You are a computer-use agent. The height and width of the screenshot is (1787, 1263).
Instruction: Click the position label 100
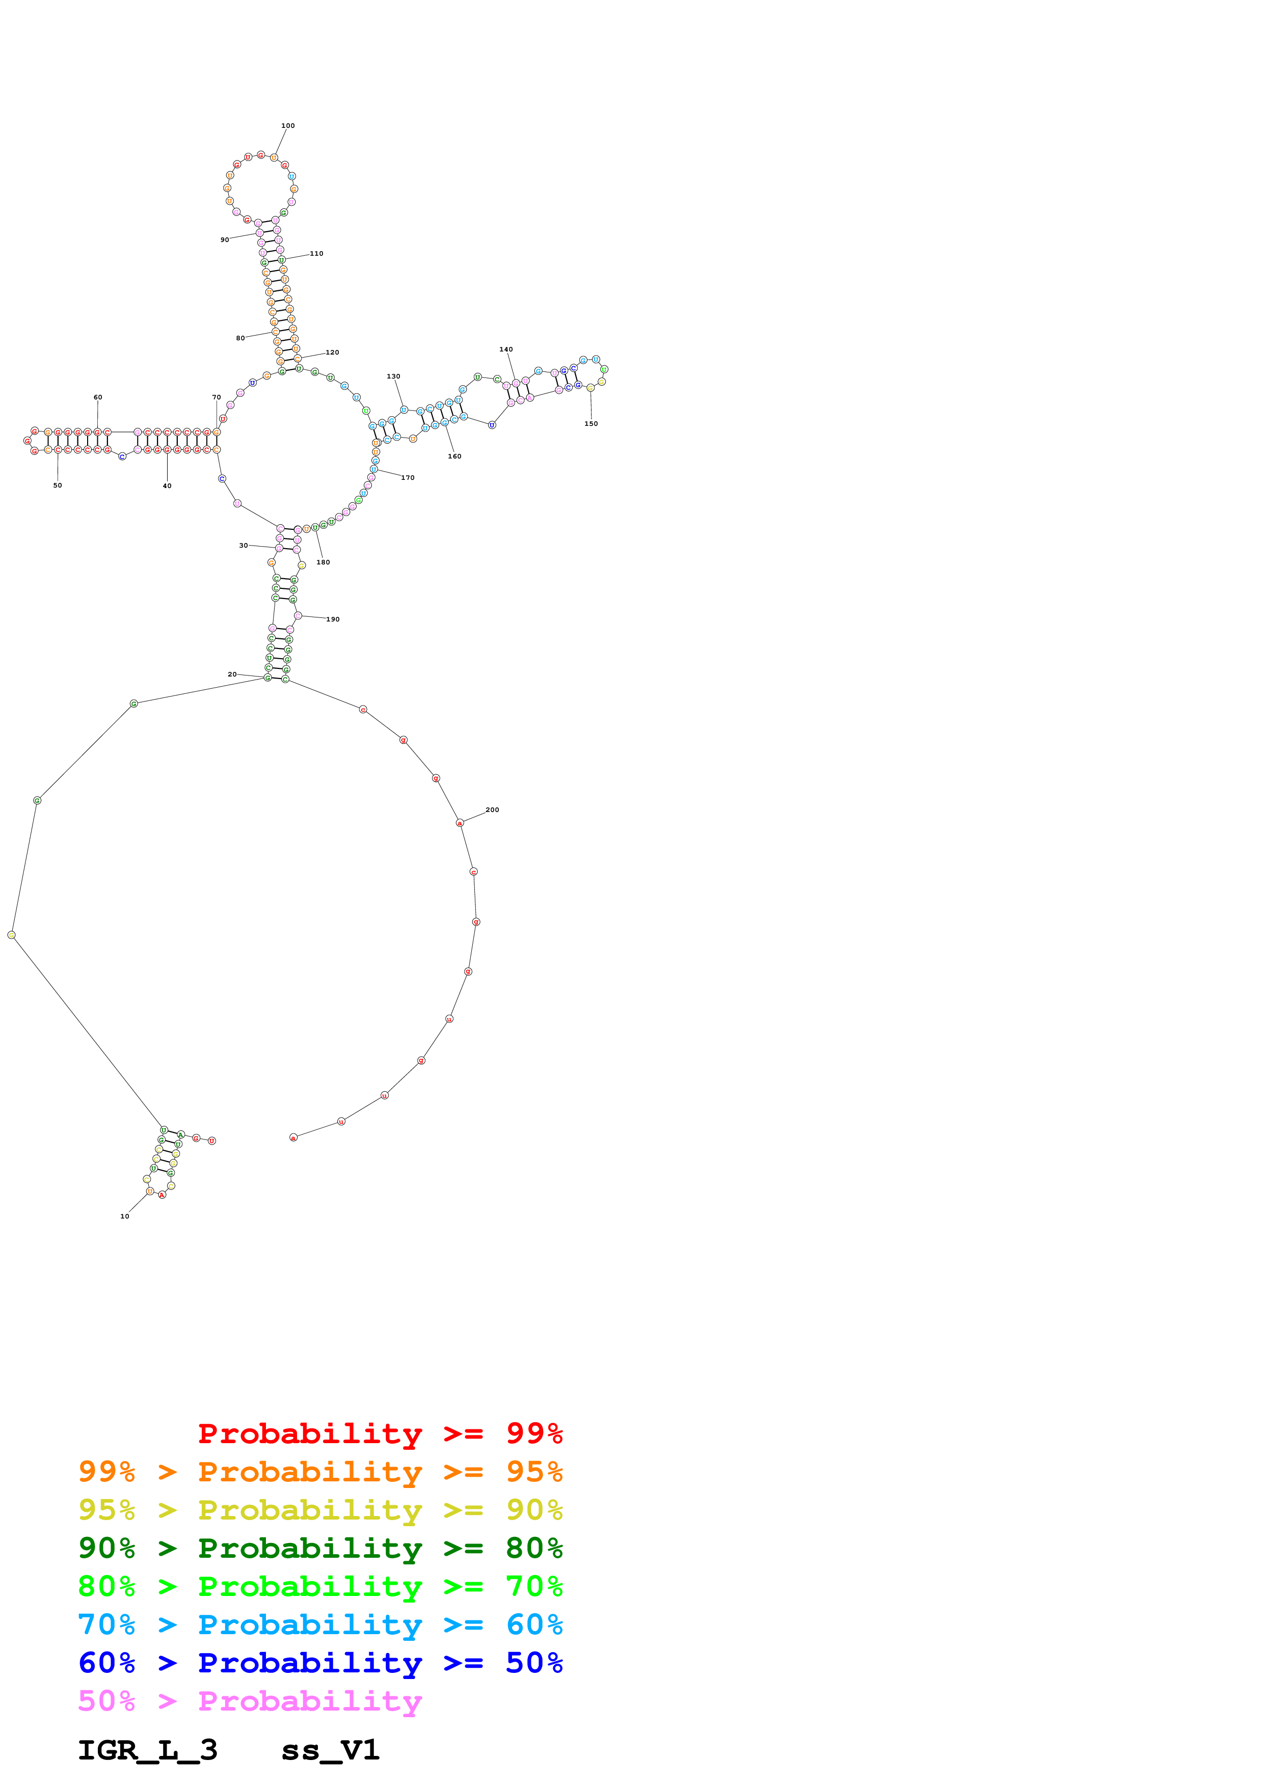[288, 125]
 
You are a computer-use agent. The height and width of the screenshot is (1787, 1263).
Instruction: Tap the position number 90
[224, 240]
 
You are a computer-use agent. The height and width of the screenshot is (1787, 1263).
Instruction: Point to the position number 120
[332, 353]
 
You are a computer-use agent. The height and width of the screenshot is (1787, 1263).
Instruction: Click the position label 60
[98, 397]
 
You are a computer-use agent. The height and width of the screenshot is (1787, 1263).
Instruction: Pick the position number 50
[58, 485]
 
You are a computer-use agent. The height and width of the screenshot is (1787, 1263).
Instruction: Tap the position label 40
[167, 485]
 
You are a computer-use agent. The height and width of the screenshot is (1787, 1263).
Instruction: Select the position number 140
[506, 349]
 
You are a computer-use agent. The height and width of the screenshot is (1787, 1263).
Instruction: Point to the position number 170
[408, 478]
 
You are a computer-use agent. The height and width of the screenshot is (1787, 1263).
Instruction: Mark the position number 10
[124, 1216]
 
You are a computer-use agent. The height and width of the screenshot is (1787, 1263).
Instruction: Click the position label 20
[232, 674]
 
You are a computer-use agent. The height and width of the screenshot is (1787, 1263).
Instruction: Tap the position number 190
[333, 619]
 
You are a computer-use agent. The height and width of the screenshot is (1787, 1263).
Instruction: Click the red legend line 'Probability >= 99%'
[380, 1433]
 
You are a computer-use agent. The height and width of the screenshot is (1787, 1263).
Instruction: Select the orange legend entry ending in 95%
[320, 1472]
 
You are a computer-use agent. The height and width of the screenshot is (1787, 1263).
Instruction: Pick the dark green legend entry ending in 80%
[320, 1548]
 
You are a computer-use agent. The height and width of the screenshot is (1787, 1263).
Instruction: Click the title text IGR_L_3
[147, 1750]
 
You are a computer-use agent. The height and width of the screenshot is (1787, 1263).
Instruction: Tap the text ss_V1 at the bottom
[330, 1750]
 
